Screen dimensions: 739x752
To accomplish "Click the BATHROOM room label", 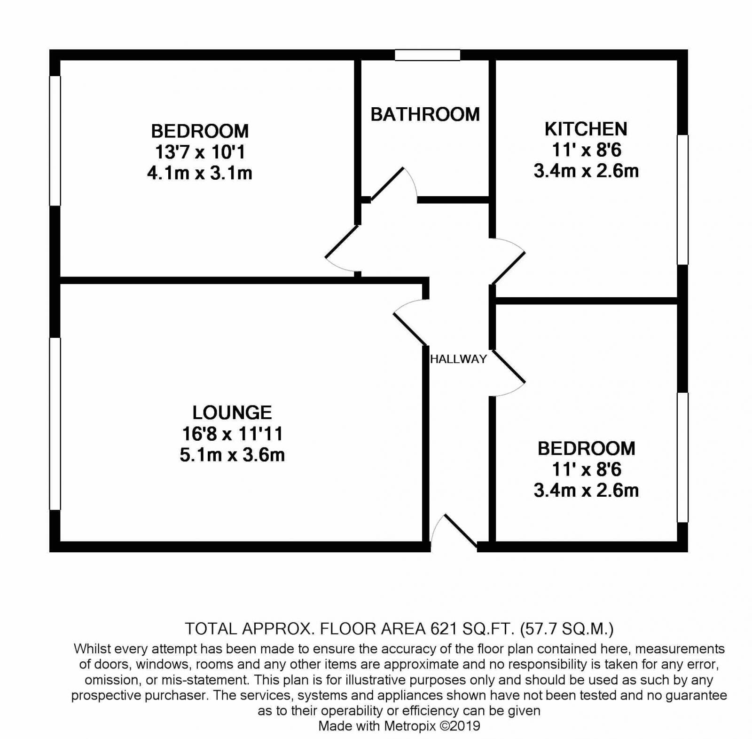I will coord(425,115).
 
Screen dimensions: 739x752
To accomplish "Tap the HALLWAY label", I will coord(458,359).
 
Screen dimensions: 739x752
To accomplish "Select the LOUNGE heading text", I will coord(232,413).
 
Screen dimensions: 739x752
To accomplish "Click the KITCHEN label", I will coord(586,129).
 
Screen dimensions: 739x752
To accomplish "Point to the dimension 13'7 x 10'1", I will coord(200,152).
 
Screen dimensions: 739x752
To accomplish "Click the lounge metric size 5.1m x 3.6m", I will coord(232,455).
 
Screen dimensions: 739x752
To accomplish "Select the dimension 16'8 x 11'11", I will coord(232,434).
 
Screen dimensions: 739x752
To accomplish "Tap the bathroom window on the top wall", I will coord(427,55).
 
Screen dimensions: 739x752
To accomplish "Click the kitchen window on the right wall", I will coord(682,199).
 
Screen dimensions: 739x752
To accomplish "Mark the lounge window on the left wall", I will coord(55,423).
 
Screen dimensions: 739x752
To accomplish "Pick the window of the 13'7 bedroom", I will coord(55,141).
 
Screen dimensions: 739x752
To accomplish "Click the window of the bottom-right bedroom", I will coord(682,457).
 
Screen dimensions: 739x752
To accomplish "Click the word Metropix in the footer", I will coord(410,726).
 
